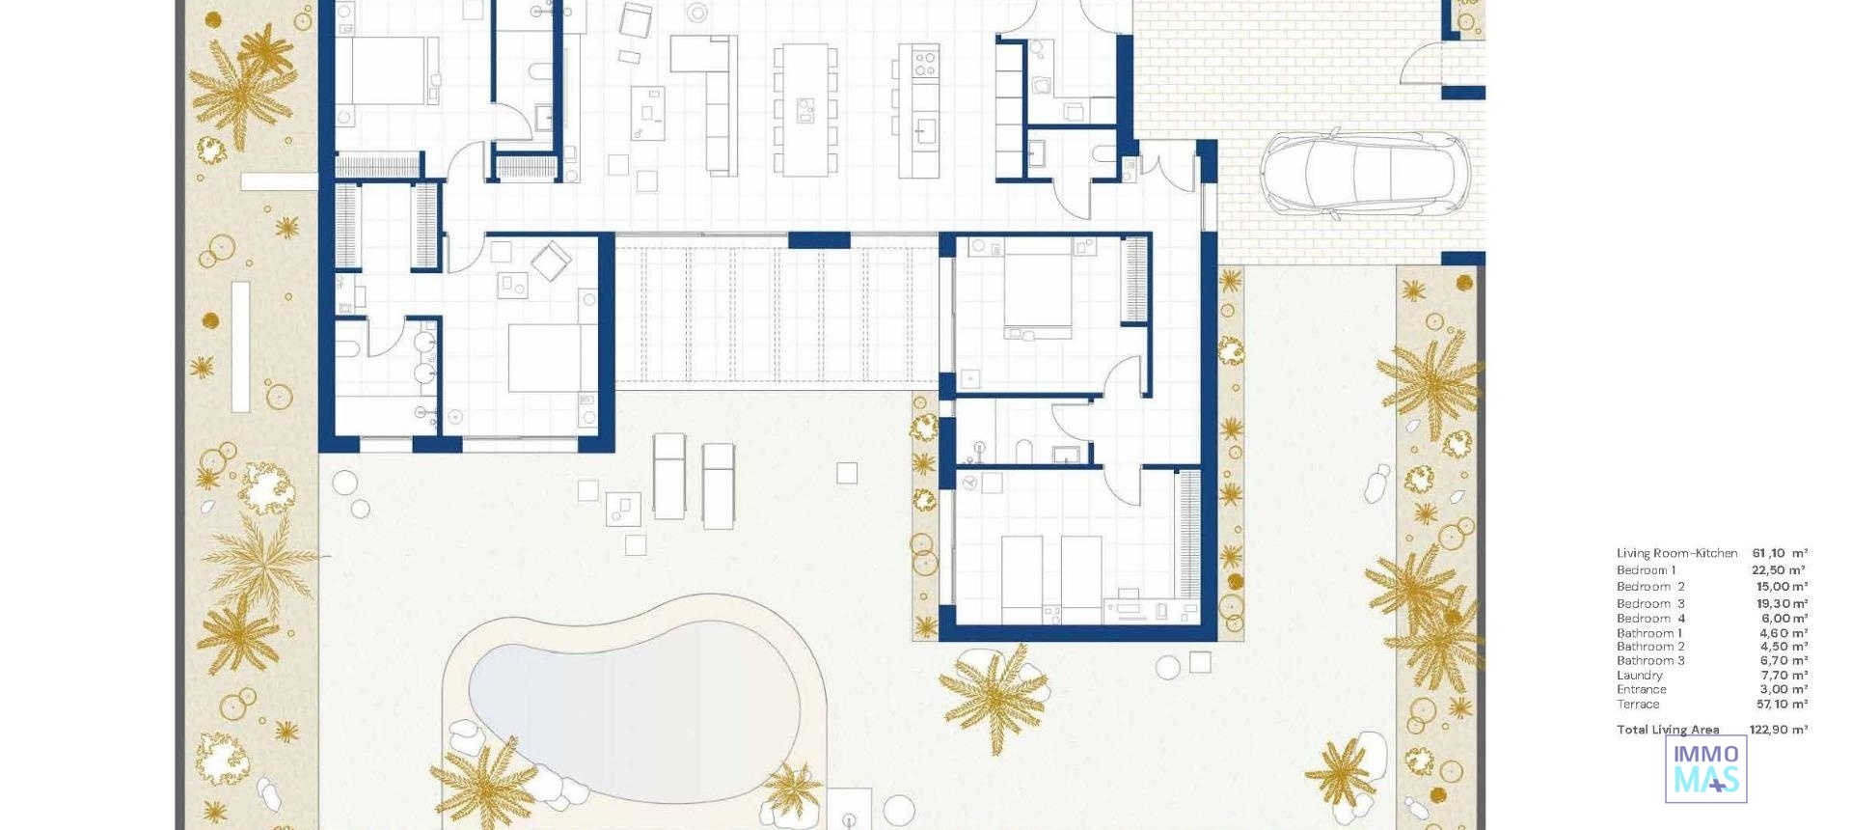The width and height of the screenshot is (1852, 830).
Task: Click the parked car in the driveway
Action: click(x=1364, y=172)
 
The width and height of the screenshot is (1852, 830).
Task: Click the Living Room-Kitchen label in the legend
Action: click(x=1676, y=553)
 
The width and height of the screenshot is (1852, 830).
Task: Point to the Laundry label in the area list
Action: click(x=1639, y=676)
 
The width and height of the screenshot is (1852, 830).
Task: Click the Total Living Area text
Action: click(x=1668, y=730)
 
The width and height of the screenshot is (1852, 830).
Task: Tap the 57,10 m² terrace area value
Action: click(x=1782, y=705)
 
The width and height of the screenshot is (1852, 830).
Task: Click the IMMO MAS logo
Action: click(x=1705, y=769)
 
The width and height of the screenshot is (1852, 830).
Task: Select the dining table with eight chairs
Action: click(x=804, y=109)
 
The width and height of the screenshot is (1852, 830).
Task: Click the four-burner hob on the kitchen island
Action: click(x=924, y=64)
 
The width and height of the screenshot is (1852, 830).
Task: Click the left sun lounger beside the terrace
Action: click(x=668, y=476)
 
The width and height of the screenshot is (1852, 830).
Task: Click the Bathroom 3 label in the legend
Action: click(x=1650, y=661)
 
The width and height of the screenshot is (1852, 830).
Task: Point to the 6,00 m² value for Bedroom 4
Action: click(x=1784, y=619)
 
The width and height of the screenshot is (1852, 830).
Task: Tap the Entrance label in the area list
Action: click(x=1641, y=690)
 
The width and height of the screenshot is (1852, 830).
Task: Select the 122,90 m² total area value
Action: click(x=1778, y=730)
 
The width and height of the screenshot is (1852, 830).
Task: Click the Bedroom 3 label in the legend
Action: click(x=1650, y=604)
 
